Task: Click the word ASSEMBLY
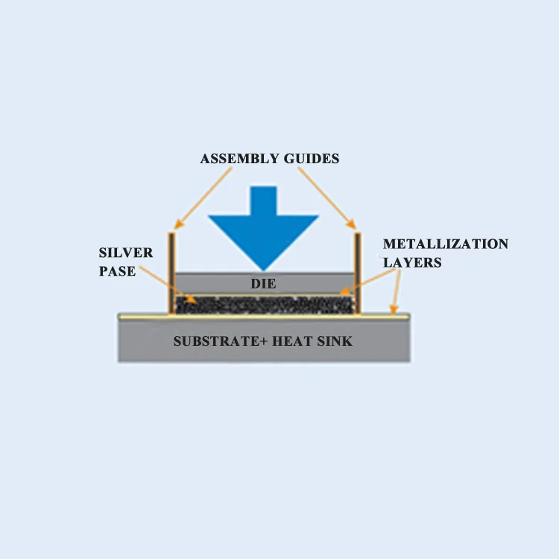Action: tap(236, 159)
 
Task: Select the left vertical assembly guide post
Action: tap(171, 272)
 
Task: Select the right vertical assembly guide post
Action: tap(358, 272)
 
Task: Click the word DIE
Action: tap(264, 283)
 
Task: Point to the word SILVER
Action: tap(126, 253)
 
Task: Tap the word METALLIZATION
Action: tap(446, 244)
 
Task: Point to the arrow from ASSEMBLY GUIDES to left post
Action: tap(203, 197)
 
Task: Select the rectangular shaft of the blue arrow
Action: tap(263, 201)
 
